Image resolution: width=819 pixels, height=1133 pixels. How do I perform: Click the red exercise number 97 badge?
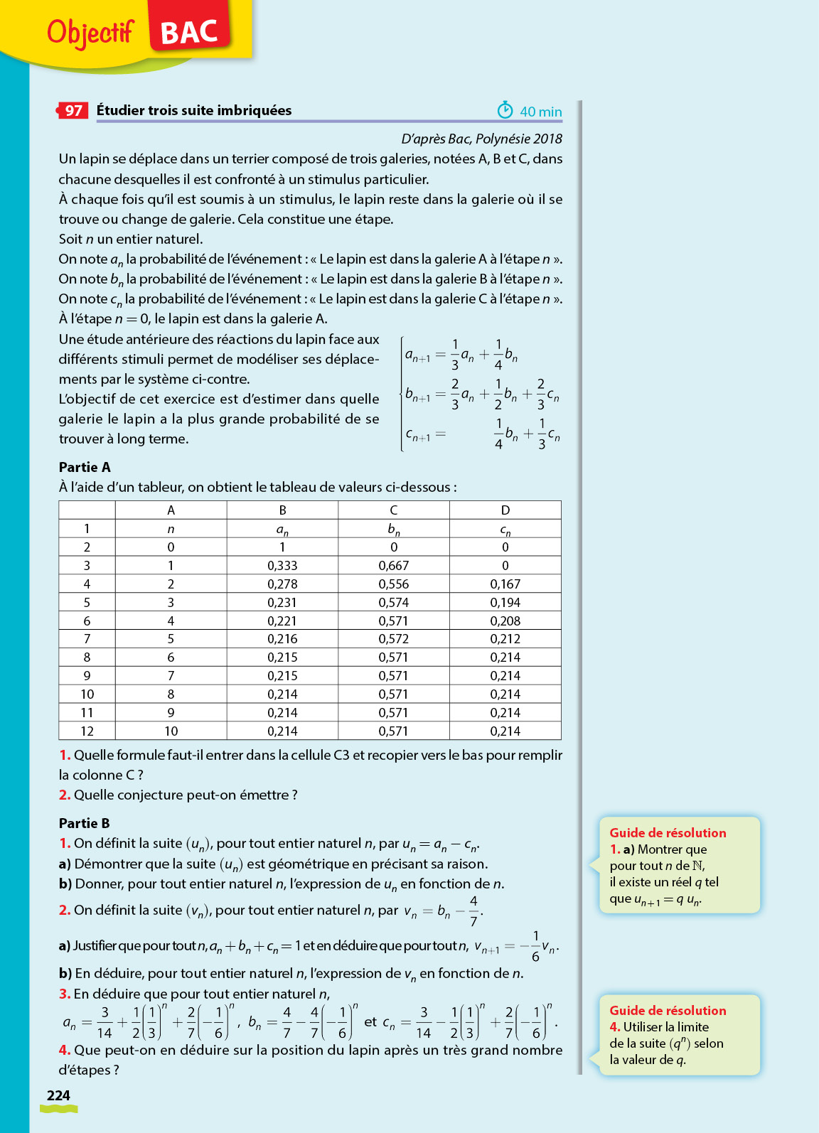[73, 110]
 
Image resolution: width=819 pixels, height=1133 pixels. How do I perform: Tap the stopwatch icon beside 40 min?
[505, 110]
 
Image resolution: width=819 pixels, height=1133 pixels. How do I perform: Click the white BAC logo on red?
[189, 32]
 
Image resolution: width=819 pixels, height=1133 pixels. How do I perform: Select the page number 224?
[58, 1095]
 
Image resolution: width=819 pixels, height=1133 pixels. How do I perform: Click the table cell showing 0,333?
[282, 566]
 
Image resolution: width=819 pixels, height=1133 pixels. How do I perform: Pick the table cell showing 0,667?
[393, 566]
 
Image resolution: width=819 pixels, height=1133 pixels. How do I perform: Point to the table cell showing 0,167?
[505, 584]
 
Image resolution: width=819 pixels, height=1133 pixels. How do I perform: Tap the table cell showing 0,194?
[505, 603]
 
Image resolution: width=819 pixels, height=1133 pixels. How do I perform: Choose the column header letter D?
[505, 510]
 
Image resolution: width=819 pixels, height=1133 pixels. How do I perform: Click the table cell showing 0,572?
[393, 639]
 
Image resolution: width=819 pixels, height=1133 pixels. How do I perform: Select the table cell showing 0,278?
[282, 584]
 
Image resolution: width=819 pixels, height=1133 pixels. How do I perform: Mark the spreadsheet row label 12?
[87, 731]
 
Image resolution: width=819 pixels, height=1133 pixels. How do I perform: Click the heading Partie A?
[85, 467]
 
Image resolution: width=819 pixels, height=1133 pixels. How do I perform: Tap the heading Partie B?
[84, 823]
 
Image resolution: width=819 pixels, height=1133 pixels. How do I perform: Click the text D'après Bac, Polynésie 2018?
[481, 139]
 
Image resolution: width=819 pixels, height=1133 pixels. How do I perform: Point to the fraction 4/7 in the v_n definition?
[473, 911]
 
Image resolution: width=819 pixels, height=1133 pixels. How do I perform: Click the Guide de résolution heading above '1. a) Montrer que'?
[668, 833]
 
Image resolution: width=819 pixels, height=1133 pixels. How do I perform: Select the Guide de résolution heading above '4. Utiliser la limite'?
[668, 1011]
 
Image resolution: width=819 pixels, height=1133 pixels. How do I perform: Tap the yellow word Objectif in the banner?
[90, 32]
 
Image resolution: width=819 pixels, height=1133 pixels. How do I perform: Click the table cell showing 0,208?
[505, 621]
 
